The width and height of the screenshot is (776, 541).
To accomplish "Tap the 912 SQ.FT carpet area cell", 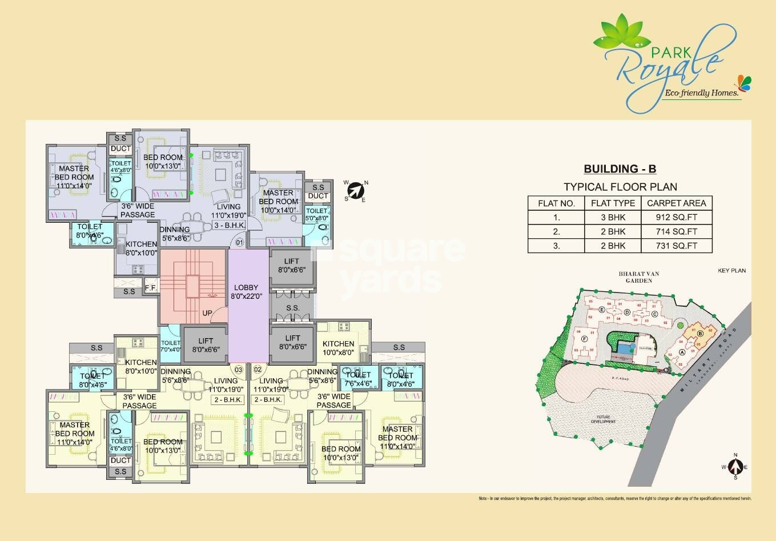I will coord(677,218).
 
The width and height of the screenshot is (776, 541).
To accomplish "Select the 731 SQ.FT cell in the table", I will coord(677,246).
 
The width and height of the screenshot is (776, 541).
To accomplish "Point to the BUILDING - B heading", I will coord(620,169).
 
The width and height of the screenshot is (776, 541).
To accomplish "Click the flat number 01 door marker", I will coord(239,243).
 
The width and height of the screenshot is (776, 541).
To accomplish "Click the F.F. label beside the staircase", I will coord(151,287).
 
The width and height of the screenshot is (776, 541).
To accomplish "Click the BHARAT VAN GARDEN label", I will coord(638,277).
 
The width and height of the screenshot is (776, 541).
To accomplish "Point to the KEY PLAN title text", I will coord(731,271).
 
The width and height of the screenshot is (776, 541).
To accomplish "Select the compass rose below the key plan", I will coord(736,467).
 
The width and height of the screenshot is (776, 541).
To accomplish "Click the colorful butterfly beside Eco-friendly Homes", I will coord(743,83).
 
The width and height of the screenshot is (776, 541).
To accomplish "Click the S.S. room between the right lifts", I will coord(292,308).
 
